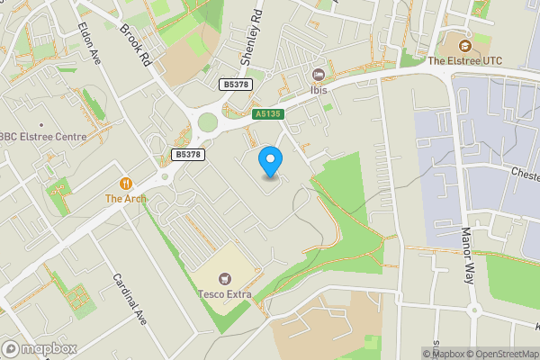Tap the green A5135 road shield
pos(267,114)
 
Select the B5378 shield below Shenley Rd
pos(236,84)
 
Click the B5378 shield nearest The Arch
pos(187,155)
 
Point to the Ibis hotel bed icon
pos(317,75)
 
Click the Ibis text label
pos(317,90)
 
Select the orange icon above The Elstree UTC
pos(465,46)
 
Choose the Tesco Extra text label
pos(222,293)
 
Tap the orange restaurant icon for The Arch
pos(126,183)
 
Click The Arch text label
pos(125,198)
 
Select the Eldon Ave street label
pos(89,41)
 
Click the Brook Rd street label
pos(136,46)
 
